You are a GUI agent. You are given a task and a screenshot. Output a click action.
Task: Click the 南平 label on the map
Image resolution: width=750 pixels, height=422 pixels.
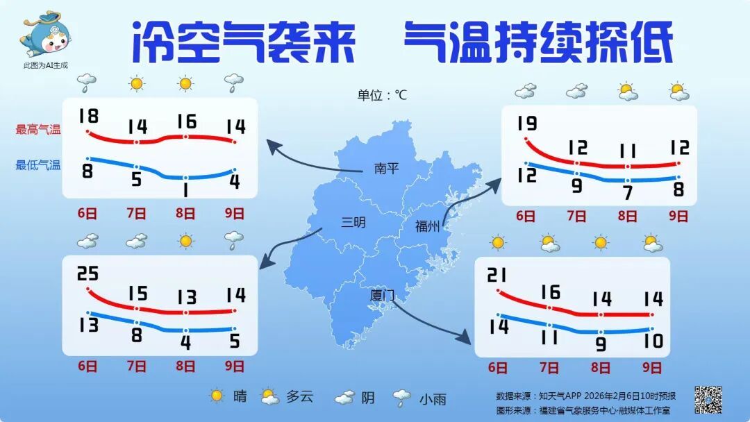(x=386, y=168)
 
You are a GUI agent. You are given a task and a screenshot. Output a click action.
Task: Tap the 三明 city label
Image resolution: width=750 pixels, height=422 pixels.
(x=353, y=222)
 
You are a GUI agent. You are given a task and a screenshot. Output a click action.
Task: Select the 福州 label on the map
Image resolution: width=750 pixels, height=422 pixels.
(x=427, y=226)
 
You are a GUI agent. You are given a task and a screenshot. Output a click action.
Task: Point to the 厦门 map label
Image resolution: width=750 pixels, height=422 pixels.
(x=382, y=296)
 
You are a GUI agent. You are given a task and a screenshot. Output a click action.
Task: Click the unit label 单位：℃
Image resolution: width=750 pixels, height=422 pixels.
(x=382, y=95)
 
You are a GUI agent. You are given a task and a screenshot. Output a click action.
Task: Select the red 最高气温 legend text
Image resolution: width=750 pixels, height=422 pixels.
(x=38, y=129)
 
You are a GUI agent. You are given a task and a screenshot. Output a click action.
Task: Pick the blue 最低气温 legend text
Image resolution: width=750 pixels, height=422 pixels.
(x=38, y=165)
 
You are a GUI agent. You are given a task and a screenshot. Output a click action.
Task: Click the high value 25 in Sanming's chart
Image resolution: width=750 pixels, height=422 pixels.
(x=87, y=274)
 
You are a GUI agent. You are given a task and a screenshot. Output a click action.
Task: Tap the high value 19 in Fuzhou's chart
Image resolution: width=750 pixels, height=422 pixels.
(x=527, y=124)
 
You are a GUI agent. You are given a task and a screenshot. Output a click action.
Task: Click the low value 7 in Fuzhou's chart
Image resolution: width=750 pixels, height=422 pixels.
(x=627, y=193)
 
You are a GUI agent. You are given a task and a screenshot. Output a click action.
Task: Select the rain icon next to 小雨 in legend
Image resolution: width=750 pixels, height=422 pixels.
(x=401, y=398)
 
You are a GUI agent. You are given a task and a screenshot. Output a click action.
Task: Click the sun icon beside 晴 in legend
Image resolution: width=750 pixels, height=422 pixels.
(x=217, y=396)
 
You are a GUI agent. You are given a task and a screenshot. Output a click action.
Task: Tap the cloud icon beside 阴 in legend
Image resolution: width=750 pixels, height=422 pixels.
(x=345, y=398)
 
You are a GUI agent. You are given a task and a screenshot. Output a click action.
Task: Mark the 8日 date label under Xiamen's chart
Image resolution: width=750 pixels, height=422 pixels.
(x=601, y=368)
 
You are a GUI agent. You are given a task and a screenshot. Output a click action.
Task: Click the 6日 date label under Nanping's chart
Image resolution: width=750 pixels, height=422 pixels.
(x=87, y=214)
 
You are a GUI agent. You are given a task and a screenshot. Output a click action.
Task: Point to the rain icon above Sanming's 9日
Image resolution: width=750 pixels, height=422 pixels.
(x=235, y=241)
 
